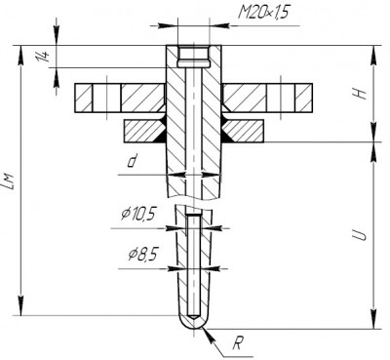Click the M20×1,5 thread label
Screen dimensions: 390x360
click(263, 13)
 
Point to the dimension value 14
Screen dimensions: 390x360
click(43, 57)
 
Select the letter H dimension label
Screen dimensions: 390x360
click(360, 94)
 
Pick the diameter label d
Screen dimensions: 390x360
click(132, 161)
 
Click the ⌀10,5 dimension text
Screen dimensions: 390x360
click(138, 214)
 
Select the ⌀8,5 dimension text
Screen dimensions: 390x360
click(143, 255)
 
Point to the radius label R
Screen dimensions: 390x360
click(237, 343)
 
